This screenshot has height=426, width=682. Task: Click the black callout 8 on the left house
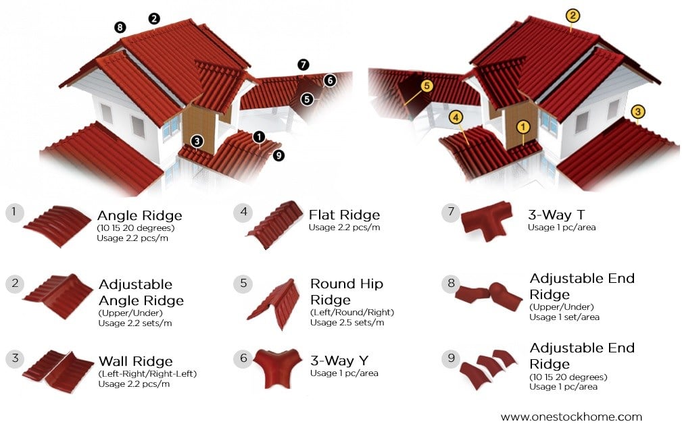[x=120, y=28]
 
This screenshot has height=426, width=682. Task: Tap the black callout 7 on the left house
[x=303, y=65]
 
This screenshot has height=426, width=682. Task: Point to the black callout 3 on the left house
[x=197, y=141]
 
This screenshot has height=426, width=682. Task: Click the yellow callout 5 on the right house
[x=426, y=86]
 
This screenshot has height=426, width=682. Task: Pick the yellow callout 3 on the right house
[x=637, y=111]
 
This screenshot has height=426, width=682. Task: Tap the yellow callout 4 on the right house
[x=456, y=117]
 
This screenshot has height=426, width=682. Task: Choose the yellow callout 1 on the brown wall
[x=522, y=126]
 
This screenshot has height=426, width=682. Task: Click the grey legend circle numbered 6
[x=243, y=358]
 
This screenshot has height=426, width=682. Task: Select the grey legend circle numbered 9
[x=452, y=358]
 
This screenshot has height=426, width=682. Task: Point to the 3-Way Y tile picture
[x=276, y=369]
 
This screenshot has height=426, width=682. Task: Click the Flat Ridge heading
[x=344, y=215]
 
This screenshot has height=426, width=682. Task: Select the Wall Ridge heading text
[x=135, y=361]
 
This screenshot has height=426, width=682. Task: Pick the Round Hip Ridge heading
[x=346, y=292]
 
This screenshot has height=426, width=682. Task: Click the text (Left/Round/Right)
[x=351, y=312]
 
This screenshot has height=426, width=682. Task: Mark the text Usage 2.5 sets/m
[x=347, y=322]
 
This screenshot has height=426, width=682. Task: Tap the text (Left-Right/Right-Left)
[x=147, y=373]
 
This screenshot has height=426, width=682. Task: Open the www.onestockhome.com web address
[x=571, y=417]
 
